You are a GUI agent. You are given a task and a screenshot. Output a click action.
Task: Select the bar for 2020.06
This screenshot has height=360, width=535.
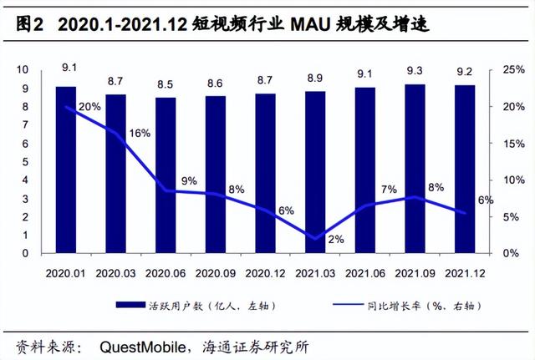(x=166, y=175)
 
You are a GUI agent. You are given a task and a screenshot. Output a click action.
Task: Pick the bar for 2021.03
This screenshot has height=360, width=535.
(x=314, y=172)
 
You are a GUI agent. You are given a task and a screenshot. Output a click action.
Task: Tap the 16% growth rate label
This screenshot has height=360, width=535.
(x=140, y=134)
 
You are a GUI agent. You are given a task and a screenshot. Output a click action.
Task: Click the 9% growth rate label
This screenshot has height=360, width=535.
(x=189, y=180)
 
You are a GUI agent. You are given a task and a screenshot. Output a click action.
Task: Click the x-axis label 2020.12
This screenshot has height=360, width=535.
(x=265, y=272)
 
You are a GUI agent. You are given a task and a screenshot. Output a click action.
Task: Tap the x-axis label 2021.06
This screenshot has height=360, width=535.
(x=364, y=272)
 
